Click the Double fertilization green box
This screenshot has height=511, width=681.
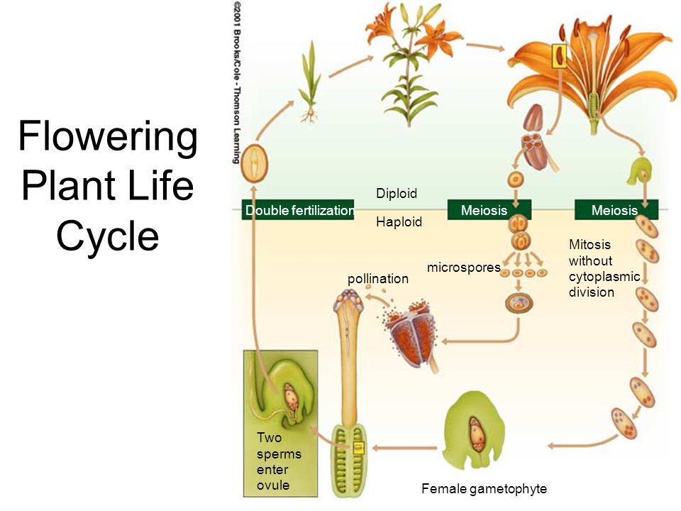pyautogui.click(x=298, y=210)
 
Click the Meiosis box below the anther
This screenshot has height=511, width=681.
pyautogui.click(x=489, y=210)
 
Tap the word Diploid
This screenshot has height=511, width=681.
pyautogui.click(x=397, y=193)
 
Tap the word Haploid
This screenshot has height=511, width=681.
pyautogui.click(x=399, y=221)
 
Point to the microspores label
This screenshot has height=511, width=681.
pyautogui.click(x=464, y=268)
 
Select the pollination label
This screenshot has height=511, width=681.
pyautogui.click(x=378, y=278)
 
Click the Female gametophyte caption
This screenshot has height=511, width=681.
pyautogui.click(x=484, y=489)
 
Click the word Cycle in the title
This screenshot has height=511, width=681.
pyautogui.click(x=107, y=235)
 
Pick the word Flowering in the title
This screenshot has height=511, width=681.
pyautogui.click(x=108, y=136)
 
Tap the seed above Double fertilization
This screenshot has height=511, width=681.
pyautogui.click(x=255, y=164)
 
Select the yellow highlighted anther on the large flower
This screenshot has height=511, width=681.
pyautogui.click(x=560, y=55)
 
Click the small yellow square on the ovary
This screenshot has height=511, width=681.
pyautogui.click(x=358, y=447)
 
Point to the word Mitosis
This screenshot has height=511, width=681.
pyautogui.click(x=589, y=245)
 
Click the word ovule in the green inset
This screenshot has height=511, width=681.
pyautogui.click(x=272, y=485)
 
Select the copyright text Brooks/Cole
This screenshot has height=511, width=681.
pyautogui.click(x=237, y=57)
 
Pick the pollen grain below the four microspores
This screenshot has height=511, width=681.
pyautogui.click(x=519, y=303)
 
